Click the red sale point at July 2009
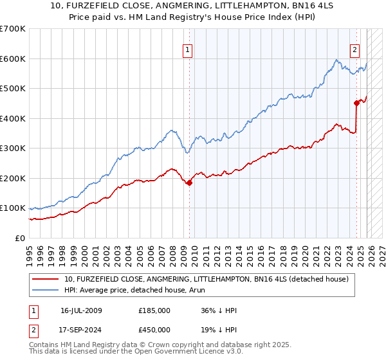click(189, 183)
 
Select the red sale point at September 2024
click(356, 102)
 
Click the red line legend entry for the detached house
click(206, 279)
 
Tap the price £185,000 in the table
click(154, 310)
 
